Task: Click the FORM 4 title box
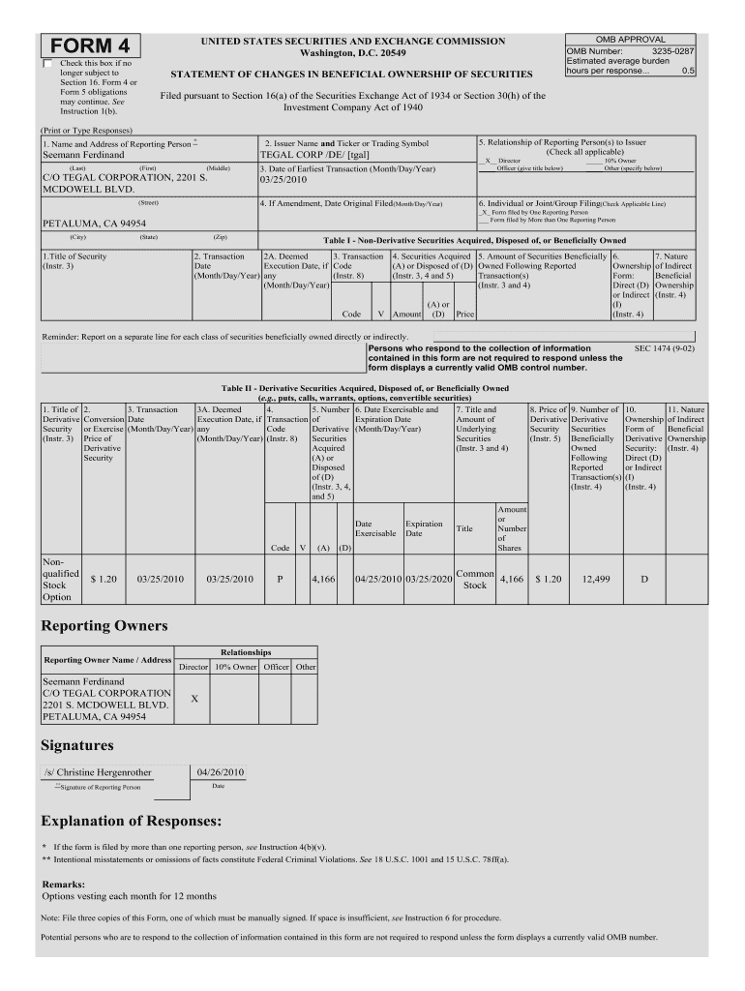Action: [x=89, y=46]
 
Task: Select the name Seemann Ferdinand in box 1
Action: [x=83, y=155]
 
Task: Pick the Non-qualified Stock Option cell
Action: [x=60, y=579]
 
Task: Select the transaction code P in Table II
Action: [x=281, y=579]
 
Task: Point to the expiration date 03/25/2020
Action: [x=429, y=579]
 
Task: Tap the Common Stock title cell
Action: [x=475, y=579]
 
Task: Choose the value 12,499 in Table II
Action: [x=595, y=579]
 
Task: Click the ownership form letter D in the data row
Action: [x=644, y=579]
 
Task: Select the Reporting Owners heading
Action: [x=104, y=626]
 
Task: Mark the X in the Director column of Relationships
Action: [x=194, y=697]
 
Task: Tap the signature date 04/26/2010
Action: [x=220, y=772]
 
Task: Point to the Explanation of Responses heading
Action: [x=132, y=822]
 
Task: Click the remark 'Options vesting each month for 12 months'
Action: [x=130, y=896]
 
